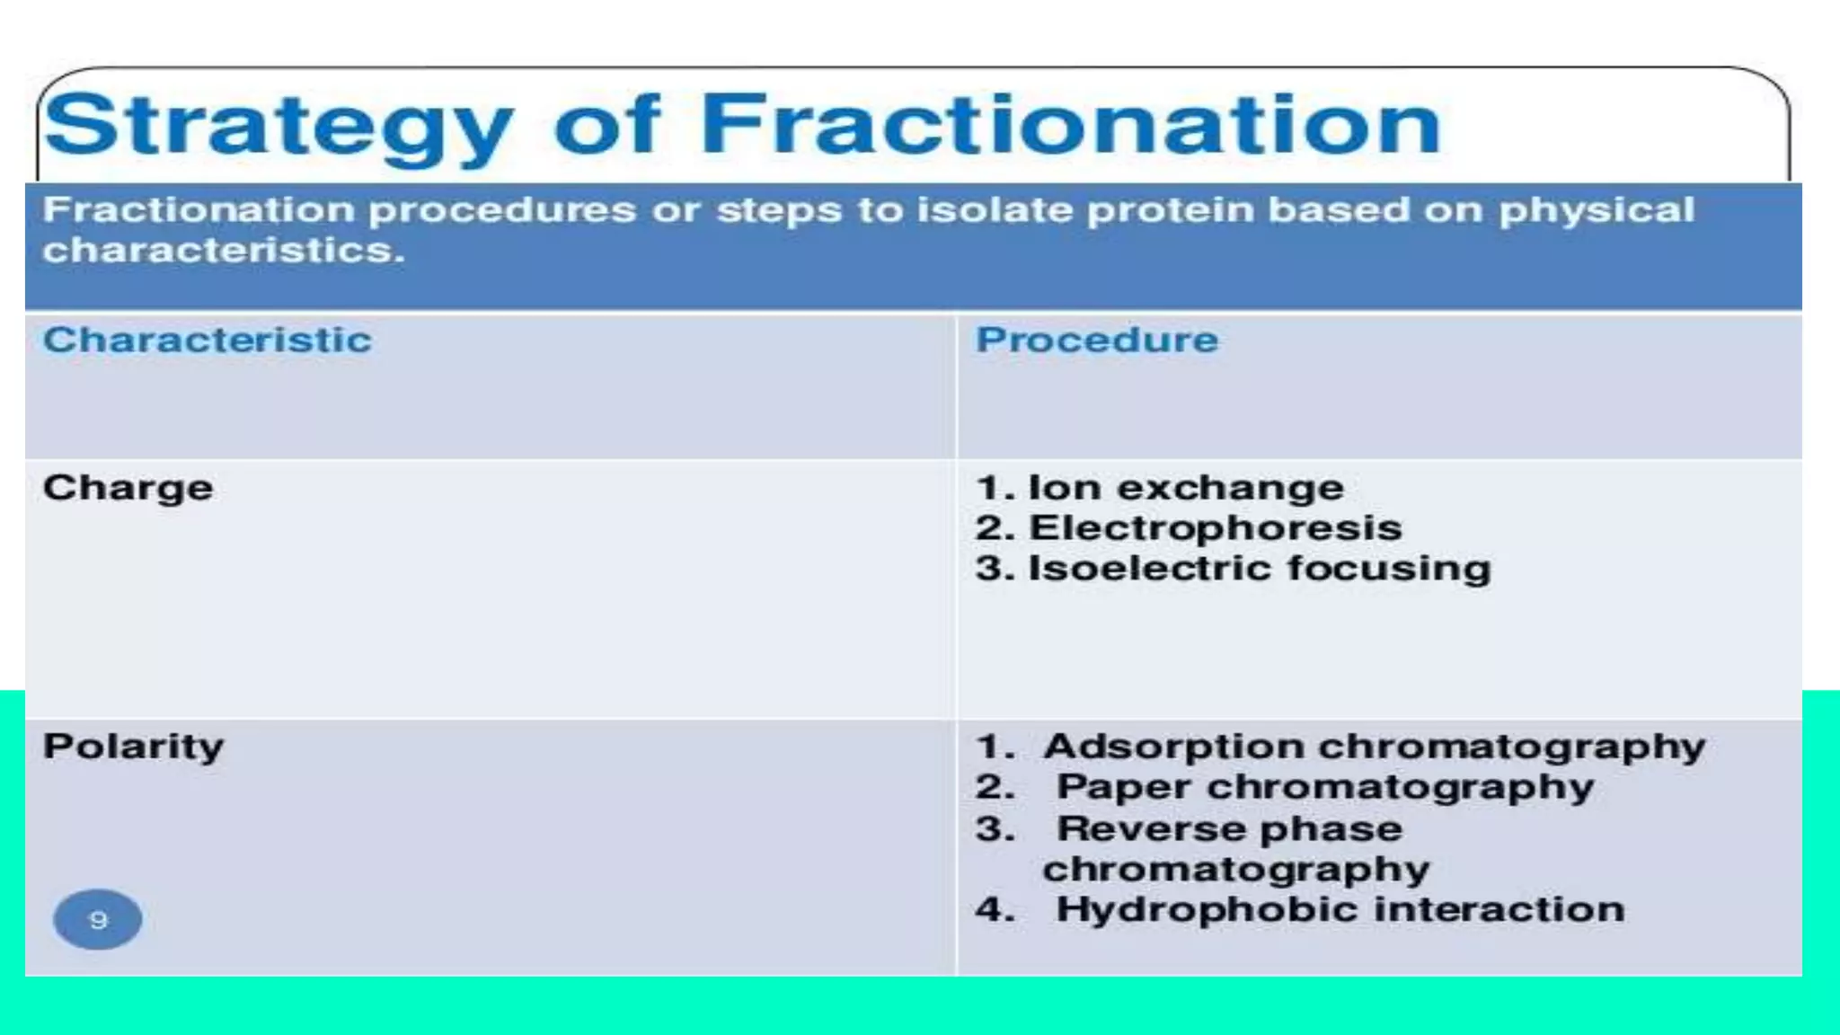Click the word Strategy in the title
click(x=279, y=126)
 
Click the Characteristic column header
click(x=207, y=341)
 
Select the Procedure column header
click(x=1096, y=341)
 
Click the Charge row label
click(x=128, y=489)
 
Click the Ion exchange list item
click(x=1184, y=488)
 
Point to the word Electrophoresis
click(x=1215, y=528)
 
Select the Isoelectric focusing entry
click(x=1258, y=569)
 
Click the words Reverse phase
click(x=1229, y=828)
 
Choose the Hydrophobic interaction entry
click(x=1339, y=909)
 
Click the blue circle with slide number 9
click(x=98, y=920)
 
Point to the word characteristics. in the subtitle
click(x=223, y=251)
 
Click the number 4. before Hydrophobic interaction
click(x=994, y=909)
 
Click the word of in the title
click(x=607, y=126)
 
